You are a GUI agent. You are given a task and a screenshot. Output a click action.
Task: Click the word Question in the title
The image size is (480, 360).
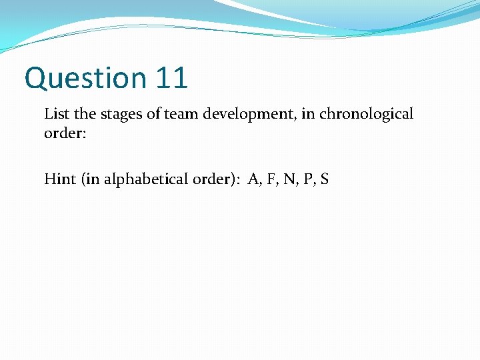[x=85, y=79]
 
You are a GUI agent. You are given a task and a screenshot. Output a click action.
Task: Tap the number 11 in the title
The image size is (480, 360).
[x=171, y=77]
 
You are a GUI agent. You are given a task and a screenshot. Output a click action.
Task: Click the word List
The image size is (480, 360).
[x=55, y=114]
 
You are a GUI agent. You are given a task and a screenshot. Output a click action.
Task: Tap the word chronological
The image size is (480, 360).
[x=366, y=114]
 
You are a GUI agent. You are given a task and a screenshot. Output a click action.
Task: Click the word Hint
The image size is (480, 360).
[x=59, y=179]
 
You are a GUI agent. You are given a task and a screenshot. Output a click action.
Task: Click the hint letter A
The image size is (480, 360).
[x=253, y=179]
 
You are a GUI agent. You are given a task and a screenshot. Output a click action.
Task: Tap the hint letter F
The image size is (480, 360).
[x=271, y=179]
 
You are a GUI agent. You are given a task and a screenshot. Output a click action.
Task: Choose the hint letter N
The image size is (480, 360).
[x=288, y=179]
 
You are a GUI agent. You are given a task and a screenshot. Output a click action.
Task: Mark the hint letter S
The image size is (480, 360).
[x=324, y=179]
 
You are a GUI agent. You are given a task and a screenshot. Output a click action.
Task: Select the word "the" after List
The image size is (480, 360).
[x=81, y=114]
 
